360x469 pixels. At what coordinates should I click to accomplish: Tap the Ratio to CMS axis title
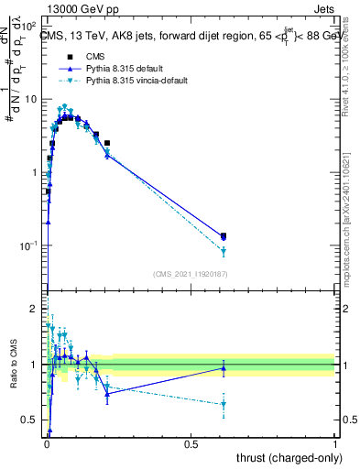12,364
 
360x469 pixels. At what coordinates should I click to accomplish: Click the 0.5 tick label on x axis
191,442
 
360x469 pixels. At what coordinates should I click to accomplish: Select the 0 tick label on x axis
47,442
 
